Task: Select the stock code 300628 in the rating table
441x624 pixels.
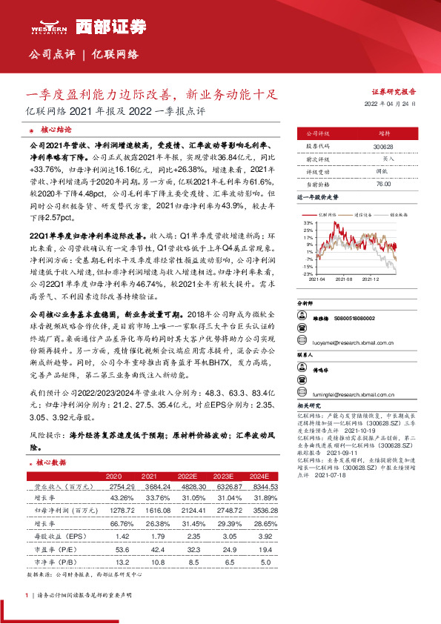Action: (383, 147)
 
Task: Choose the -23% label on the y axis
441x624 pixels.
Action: (308, 273)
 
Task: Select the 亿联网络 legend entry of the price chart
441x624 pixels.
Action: (331, 212)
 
